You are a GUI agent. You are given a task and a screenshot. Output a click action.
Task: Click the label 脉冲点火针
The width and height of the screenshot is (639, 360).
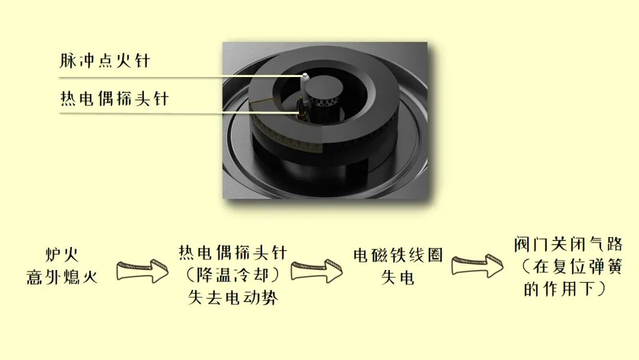104,61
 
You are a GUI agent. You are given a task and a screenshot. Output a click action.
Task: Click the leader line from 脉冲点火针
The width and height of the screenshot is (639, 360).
177,76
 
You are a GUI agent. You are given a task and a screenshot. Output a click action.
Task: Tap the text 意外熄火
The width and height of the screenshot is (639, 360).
62,277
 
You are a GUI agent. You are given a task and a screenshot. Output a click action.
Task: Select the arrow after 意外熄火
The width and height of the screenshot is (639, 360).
142,271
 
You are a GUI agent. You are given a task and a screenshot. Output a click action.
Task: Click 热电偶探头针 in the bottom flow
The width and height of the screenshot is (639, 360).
233,253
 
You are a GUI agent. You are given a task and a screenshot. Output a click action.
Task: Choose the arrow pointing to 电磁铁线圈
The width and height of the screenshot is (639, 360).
317,271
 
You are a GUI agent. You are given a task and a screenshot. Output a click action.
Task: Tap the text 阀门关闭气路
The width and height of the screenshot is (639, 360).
568,245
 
